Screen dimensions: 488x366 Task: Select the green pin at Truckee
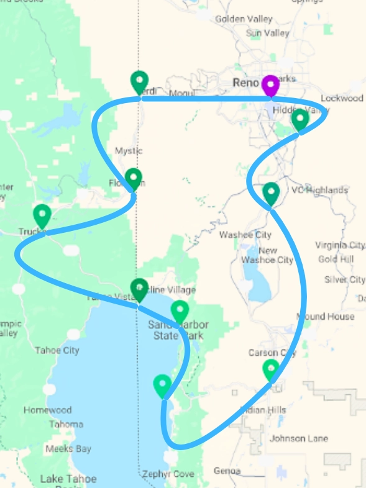[42, 215]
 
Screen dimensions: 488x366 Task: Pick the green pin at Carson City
[271, 370]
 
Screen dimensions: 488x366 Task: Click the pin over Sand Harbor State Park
[180, 312]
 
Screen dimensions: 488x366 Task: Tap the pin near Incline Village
[140, 289]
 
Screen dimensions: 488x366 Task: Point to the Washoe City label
[245, 235]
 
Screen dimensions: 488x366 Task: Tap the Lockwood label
[342, 98]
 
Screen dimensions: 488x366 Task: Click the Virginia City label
[339, 245]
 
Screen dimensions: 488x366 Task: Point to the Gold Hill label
[336, 259]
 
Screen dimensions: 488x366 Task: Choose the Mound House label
[325, 317]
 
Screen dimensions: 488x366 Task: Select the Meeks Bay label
[68, 449]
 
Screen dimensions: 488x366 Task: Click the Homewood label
[47, 410]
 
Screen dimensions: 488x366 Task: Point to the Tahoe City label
[57, 350]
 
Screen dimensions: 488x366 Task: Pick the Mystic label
[129, 151]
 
